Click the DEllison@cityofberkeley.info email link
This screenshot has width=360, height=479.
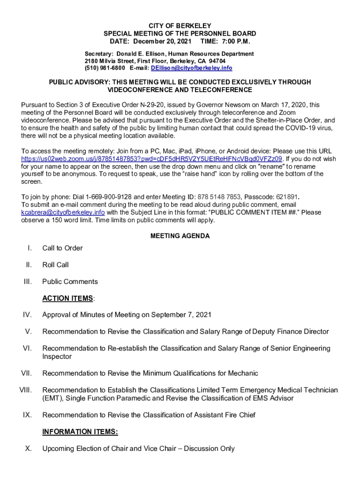191,68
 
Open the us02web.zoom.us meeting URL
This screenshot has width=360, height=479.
152,159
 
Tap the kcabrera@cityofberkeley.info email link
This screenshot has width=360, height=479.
63,212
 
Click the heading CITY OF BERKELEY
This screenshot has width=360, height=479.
180,26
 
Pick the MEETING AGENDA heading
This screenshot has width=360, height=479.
180,236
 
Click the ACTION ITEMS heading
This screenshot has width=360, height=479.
67,298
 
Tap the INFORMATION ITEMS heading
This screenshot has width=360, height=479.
80,432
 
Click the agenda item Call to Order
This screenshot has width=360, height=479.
62,248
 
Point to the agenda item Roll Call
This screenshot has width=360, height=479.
55,265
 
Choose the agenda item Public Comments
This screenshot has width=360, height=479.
70,282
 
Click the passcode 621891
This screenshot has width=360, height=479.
286,196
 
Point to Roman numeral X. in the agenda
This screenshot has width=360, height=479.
29,449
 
